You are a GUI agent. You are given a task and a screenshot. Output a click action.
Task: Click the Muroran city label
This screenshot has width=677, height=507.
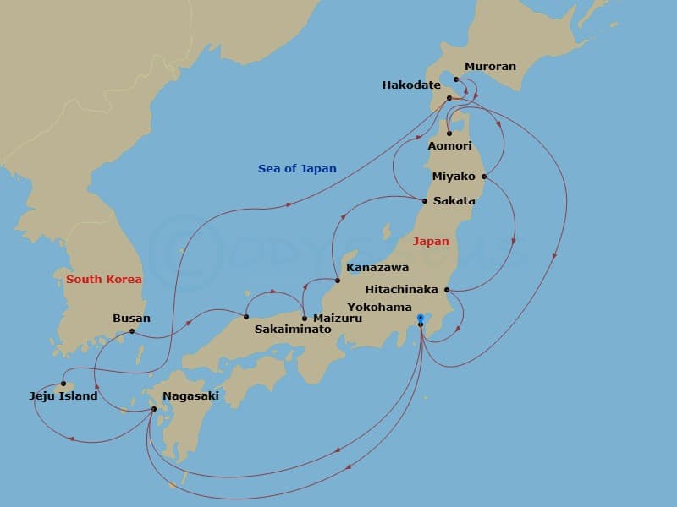click(x=490, y=67)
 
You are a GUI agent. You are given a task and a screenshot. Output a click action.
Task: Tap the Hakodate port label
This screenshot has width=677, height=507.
click(x=411, y=84)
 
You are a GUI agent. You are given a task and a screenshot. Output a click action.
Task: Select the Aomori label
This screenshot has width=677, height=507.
click(x=449, y=146)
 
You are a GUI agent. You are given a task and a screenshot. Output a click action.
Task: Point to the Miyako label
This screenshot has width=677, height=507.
click(x=454, y=177)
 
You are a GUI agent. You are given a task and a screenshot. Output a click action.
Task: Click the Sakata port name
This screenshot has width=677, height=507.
click(x=454, y=201)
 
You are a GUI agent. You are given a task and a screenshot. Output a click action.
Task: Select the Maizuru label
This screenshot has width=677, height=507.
click(x=338, y=319)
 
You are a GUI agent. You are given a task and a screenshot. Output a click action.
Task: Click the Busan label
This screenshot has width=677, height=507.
click(x=131, y=319)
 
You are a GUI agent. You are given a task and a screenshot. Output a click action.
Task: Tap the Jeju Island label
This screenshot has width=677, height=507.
click(x=63, y=395)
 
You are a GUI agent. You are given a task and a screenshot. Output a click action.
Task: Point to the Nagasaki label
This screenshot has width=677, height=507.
click(x=190, y=395)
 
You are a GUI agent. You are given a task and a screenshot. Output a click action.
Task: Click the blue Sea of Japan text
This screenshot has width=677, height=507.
click(x=297, y=169)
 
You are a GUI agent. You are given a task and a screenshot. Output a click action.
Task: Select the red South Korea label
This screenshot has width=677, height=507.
click(x=104, y=279)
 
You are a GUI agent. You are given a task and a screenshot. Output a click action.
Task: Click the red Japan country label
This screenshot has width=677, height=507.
click(x=431, y=242)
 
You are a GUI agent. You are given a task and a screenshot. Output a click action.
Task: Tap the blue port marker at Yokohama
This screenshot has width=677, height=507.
click(x=421, y=318)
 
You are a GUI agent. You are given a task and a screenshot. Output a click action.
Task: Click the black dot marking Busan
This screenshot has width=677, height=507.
click(x=132, y=331)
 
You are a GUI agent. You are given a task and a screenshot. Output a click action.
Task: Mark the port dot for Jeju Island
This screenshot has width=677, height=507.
click(x=63, y=384)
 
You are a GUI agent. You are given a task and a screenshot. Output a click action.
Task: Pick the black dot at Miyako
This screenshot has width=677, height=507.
click(x=484, y=177)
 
